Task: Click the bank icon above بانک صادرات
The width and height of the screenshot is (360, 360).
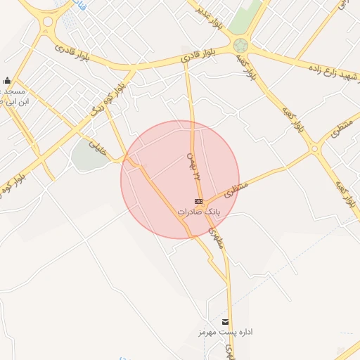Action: coord(198,202)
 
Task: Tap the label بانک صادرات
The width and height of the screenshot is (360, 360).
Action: coord(198,211)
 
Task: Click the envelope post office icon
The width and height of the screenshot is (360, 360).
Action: coord(225,322)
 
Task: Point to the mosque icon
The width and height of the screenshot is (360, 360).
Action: coord(7,81)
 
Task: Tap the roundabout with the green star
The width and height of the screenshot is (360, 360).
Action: coord(241,46)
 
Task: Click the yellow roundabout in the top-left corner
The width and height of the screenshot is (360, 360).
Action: coord(48,22)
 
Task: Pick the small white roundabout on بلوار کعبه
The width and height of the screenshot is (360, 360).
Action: coord(314,148)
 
